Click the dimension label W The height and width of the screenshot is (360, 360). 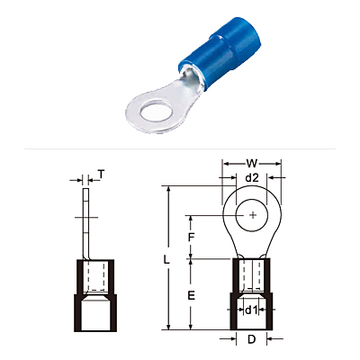tap(252, 164)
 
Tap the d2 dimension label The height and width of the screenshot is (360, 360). tap(252, 178)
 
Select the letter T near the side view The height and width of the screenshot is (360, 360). tap(102, 175)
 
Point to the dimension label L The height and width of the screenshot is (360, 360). tap(166, 260)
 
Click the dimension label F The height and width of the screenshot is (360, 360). tap(191, 238)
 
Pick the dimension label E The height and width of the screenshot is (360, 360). tap(191, 295)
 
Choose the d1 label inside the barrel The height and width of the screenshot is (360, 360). tap(251, 310)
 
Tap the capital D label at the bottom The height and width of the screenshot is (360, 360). tap(251, 339)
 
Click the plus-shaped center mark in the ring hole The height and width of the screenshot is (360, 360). tap(254, 215)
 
